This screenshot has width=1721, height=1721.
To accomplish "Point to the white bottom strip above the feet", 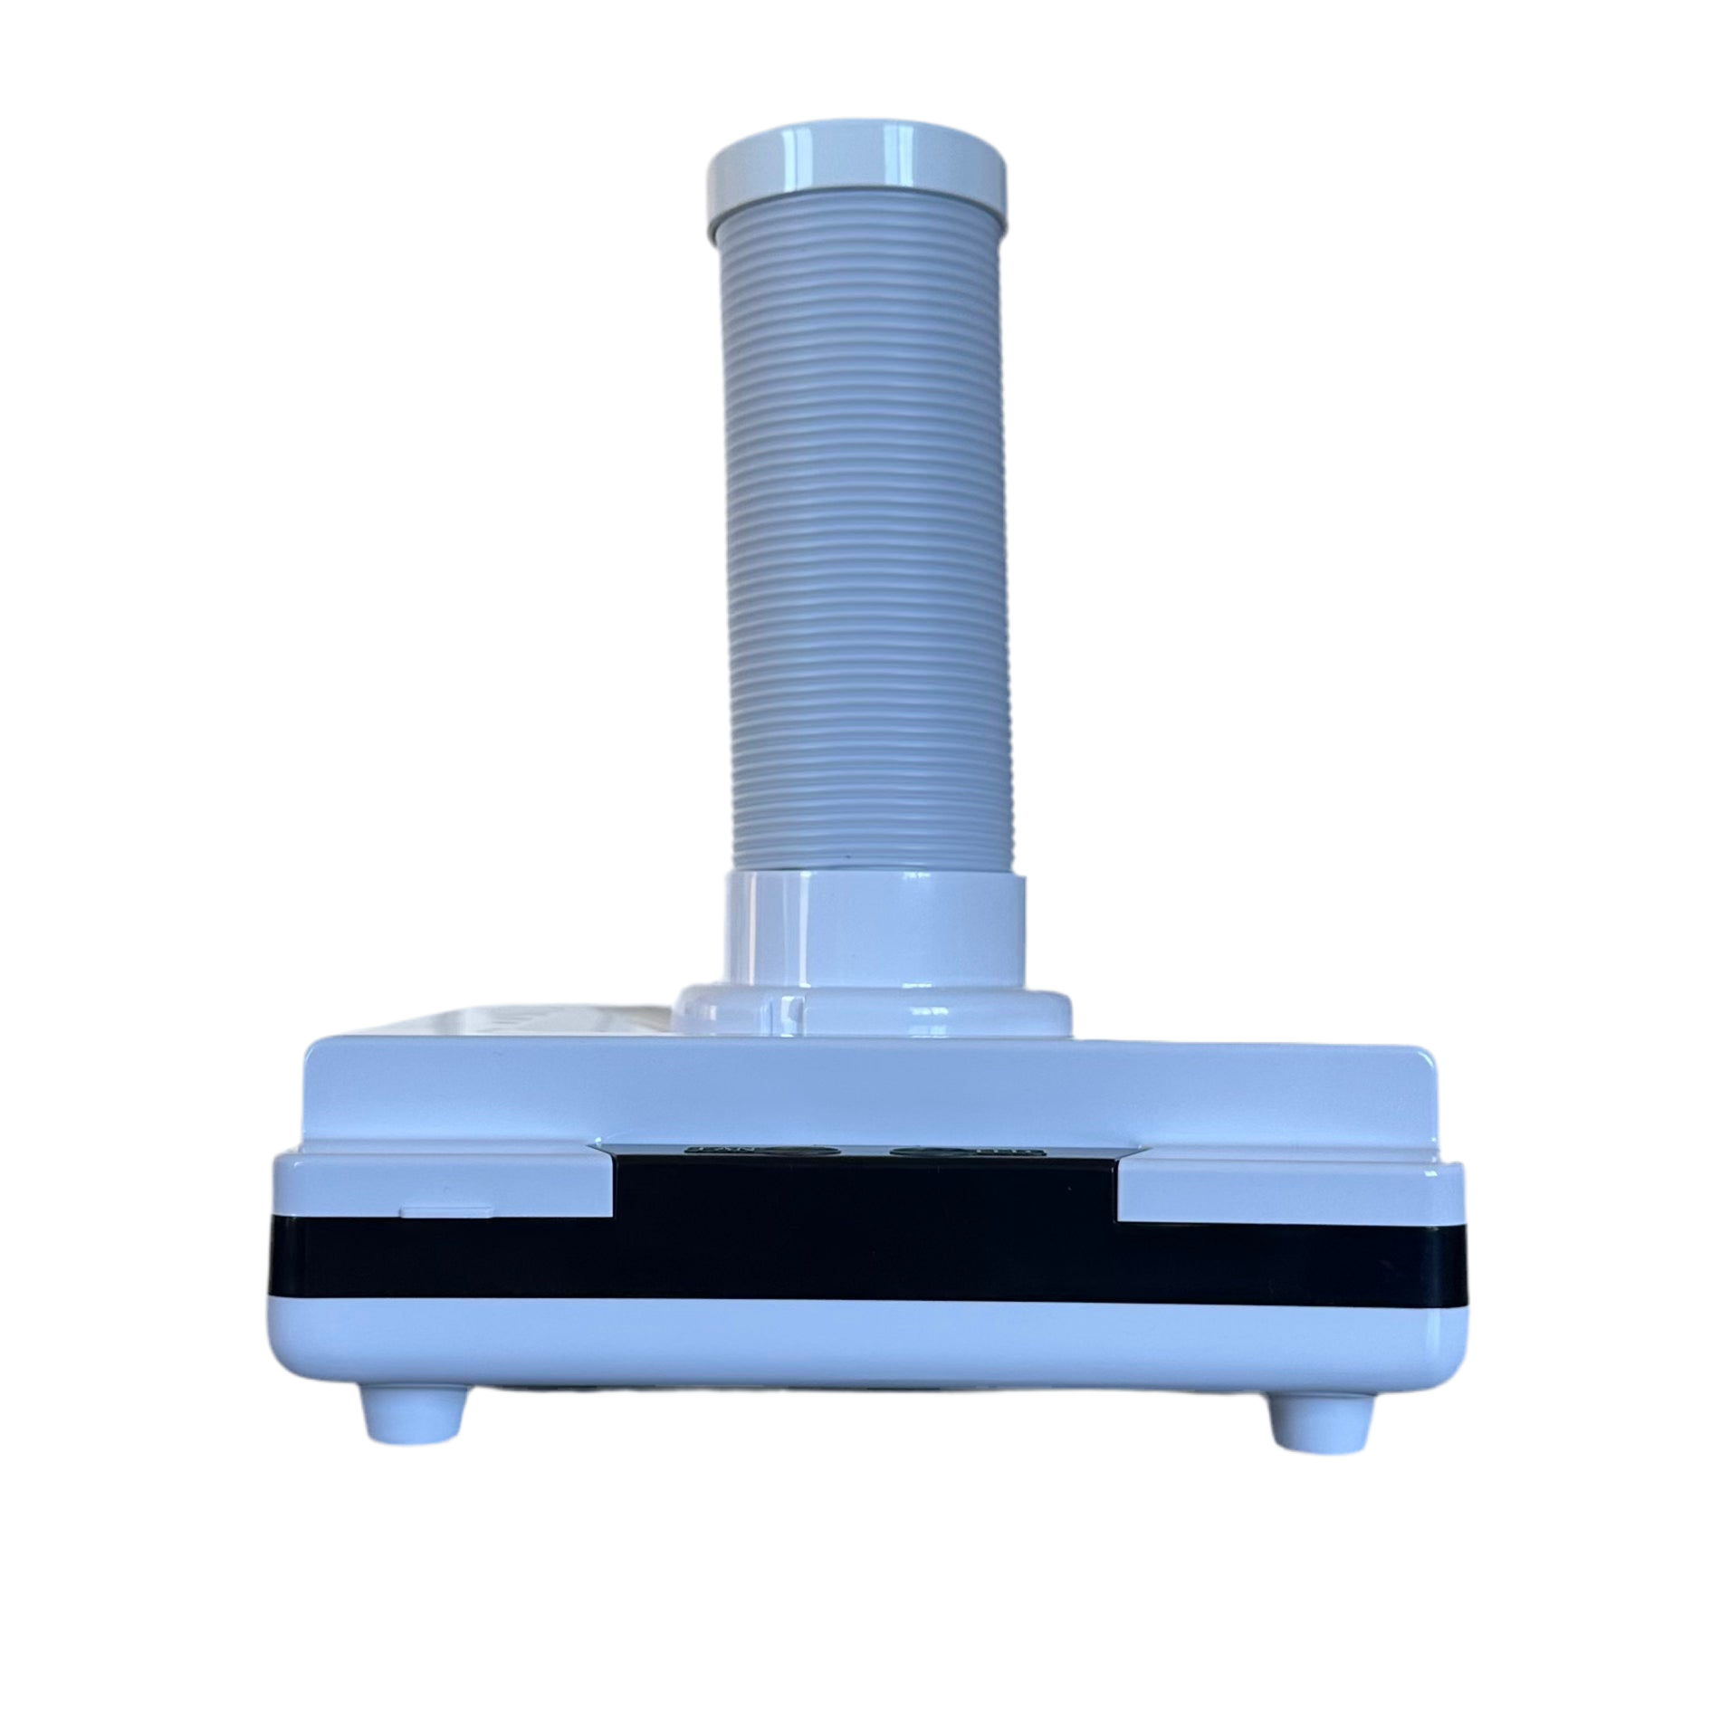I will tap(866, 1349).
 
